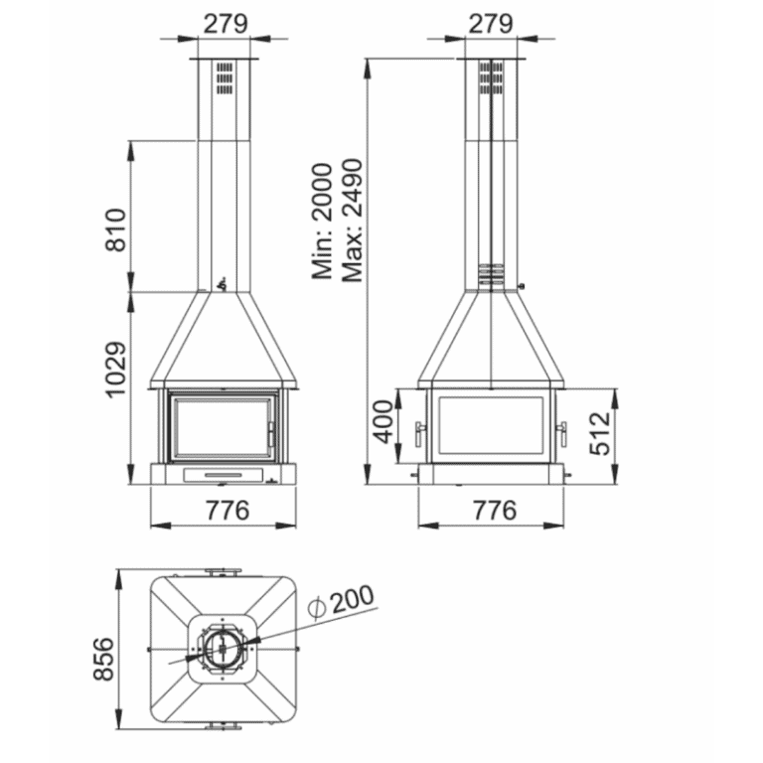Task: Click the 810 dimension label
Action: [116, 229]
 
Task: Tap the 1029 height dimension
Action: [116, 370]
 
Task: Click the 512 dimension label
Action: [599, 433]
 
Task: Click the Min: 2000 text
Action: [322, 221]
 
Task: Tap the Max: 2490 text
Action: [352, 221]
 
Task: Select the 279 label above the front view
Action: [226, 24]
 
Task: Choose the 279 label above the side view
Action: [491, 24]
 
